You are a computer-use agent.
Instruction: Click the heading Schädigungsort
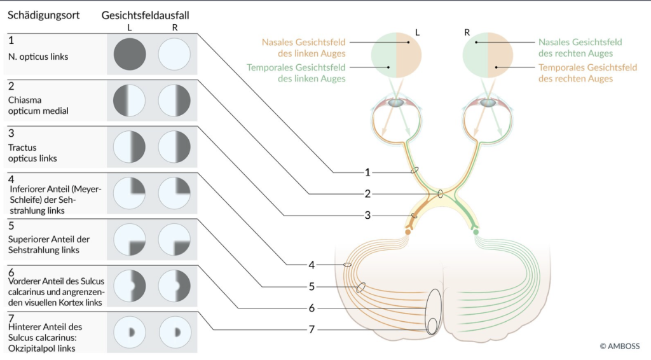click(x=44, y=15)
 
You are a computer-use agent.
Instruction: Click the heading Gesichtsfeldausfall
click(x=146, y=15)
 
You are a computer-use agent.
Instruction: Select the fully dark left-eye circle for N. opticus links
click(x=130, y=55)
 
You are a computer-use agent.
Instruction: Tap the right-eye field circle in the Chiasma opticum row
click(x=174, y=100)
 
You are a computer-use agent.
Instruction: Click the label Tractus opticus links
click(x=32, y=153)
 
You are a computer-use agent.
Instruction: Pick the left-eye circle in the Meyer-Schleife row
click(x=130, y=193)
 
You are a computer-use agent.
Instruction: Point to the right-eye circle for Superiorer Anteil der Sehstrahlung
click(x=174, y=240)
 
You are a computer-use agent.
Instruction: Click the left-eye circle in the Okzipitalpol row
click(x=130, y=332)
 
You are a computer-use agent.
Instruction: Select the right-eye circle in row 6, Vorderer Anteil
click(x=174, y=286)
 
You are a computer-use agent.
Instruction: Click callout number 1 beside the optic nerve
click(x=367, y=172)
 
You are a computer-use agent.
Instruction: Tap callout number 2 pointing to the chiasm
click(x=367, y=193)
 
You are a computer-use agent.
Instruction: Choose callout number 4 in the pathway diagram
click(x=312, y=265)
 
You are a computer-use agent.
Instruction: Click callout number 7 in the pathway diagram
click(x=312, y=329)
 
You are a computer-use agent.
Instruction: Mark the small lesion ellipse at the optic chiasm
click(x=441, y=193)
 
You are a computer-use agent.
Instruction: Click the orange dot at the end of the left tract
click(x=408, y=232)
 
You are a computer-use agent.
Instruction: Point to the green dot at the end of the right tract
click(x=476, y=232)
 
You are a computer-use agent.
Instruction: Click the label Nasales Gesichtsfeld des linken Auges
click(x=303, y=48)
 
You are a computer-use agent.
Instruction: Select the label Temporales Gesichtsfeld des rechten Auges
click(x=587, y=73)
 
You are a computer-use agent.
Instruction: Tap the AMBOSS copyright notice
click(x=619, y=346)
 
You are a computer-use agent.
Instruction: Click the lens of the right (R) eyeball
click(x=488, y=102)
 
